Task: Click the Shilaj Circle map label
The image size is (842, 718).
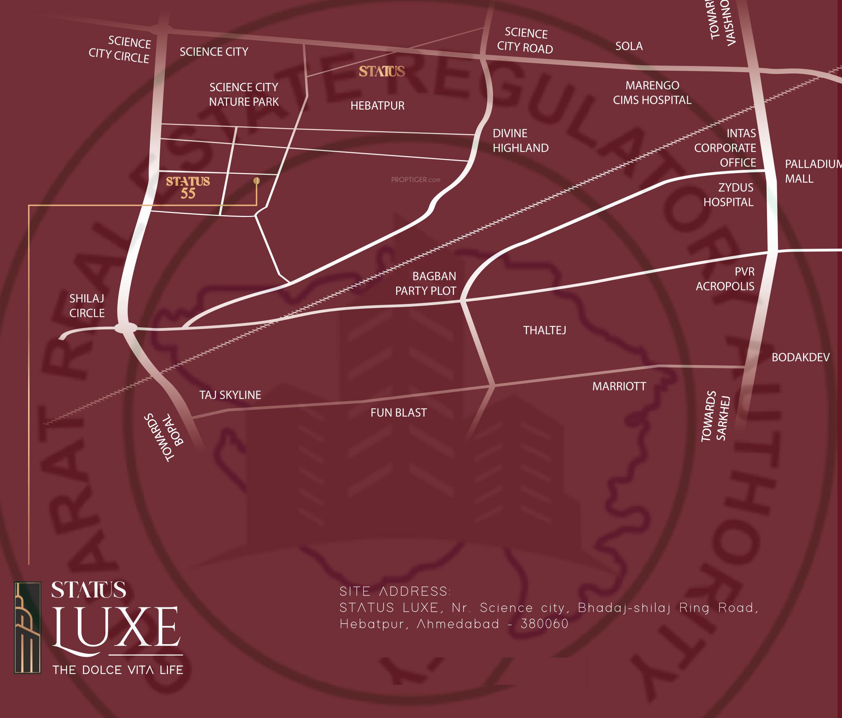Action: (x=87, y=306)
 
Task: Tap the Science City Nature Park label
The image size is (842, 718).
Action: (x=244, y=94)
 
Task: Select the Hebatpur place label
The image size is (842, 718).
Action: (x=377, y=106)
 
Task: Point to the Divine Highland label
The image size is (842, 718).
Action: (x=520, y=141)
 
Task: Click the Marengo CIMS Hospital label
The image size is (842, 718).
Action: (x=652, y=93)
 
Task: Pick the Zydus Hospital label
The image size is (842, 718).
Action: (x=728, y=195)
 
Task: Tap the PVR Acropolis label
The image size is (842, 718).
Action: (x=725, y=279)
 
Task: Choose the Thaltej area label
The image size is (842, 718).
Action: (x=545, y=330)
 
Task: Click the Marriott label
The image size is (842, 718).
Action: (x=619, y=386)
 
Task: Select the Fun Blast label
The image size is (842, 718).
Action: (x=398, y=413)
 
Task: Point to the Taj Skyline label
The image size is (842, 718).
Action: (x=230, y=395)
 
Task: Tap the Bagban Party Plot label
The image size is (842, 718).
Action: (x=426, y=284)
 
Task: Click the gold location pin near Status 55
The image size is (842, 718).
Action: (x=256, y=181)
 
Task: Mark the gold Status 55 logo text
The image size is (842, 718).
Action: (x=188, y=187)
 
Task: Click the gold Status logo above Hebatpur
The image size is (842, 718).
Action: (x=382, y=71)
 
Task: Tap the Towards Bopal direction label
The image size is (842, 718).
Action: (x=165, y=437)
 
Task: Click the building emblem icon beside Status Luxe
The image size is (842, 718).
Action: (x=28, y=628)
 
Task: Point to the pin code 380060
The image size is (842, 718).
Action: (x=545, y=624)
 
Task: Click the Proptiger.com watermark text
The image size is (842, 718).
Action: (x=415, y=179)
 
